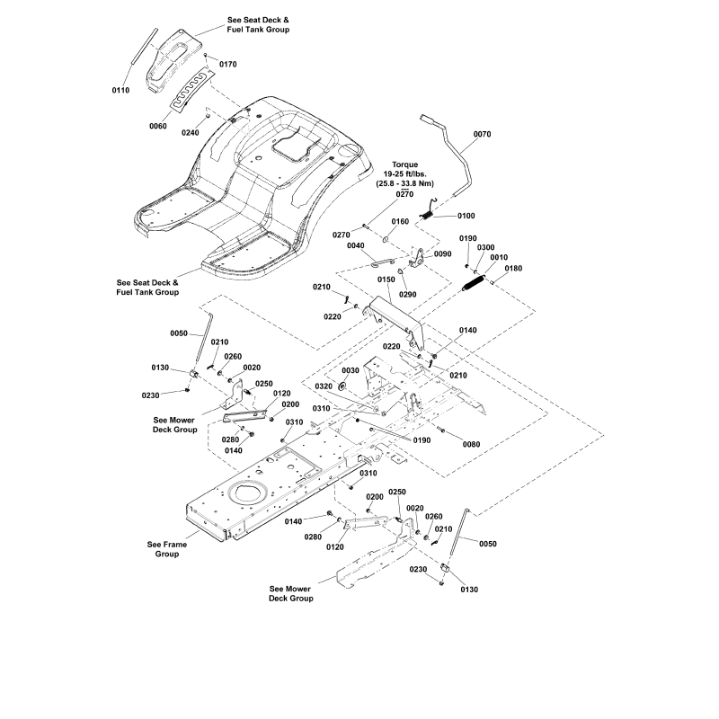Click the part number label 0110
click(x=120, y=91)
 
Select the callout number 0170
click(x=228, y=64)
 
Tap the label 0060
click(x=158, y=126)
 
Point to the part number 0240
click(x=191, y=132)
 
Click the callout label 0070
click(x=482, y=135)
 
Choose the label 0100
click(x=466, y=216)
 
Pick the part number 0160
click(x=400, y=221)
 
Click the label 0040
click(x=356, y=245)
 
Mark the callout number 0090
click(x=443, y=254)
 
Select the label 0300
click(x=485, y=247)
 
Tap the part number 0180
click(x=513, y=269)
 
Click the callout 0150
click(x=386, y=280)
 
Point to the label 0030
click(x=350, y=370)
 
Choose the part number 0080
click(x=471, y=445)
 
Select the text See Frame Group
click(x=164, y=549)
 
